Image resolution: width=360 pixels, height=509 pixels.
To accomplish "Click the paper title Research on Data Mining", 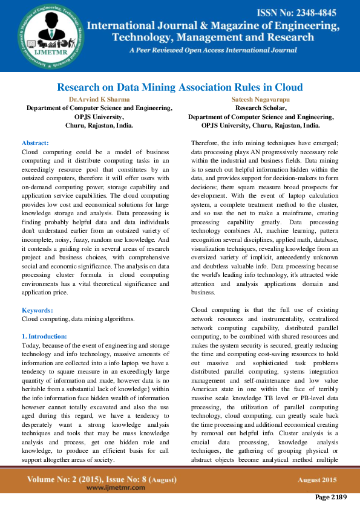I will pyautogui.click(x=180, y=87).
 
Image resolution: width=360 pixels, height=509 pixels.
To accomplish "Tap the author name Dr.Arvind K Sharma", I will pyautogui.click(x=99, y=99).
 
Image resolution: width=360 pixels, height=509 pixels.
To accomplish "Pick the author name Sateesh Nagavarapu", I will pyautogui.click(x=261, y=99).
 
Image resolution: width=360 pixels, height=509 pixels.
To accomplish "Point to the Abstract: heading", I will pyautogui.click(x=35, y=143).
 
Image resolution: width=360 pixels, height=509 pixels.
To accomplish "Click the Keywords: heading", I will pyautogui.click(x=37, y=310).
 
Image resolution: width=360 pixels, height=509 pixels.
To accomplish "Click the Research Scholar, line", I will pyautogui.click(x=261, y=108).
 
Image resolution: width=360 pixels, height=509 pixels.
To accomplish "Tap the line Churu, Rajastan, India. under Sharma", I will pyautogui.click(x=99, y=126).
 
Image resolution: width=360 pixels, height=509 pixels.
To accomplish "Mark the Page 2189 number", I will pyautogui.click(x=330, y=498).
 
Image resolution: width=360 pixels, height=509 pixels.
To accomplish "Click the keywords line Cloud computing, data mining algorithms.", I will pyautogui.click(x=78, y=319).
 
